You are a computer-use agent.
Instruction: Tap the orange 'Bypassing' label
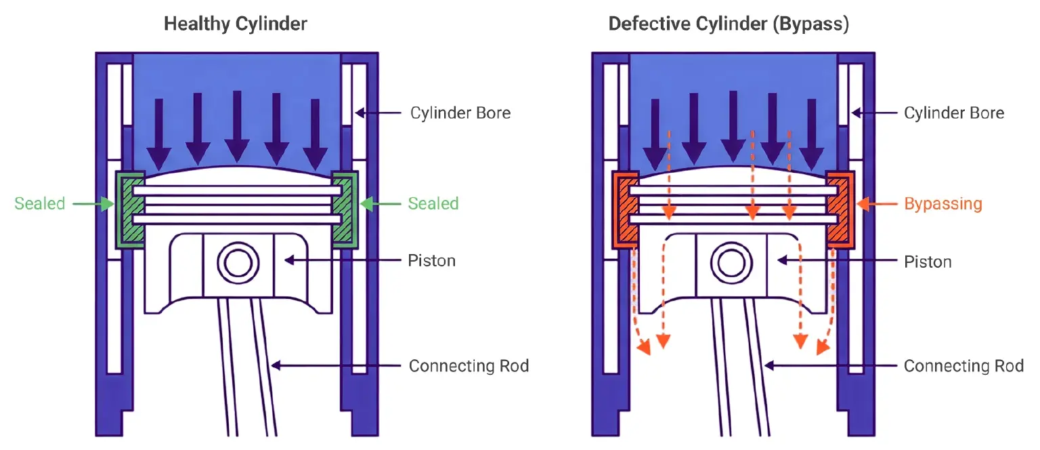click(x=943, y=203)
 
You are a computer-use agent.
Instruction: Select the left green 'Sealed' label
click(x=40, y=203)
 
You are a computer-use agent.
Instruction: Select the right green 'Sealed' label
click(x=433, y=203)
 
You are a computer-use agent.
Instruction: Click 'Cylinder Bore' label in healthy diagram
click(x=460, y=112)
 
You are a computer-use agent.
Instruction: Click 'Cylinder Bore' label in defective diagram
click(x=954, y=112)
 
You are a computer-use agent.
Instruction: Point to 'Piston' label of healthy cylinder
click(x=432, y=260)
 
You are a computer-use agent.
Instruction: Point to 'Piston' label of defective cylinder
click(x=928, y=261)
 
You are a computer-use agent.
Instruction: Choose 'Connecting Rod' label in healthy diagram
click(x=469, y=366)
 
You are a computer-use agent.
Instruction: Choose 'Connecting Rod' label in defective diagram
click(x=963, y=366)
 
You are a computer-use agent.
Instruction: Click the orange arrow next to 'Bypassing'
click(x=877, y=203)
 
